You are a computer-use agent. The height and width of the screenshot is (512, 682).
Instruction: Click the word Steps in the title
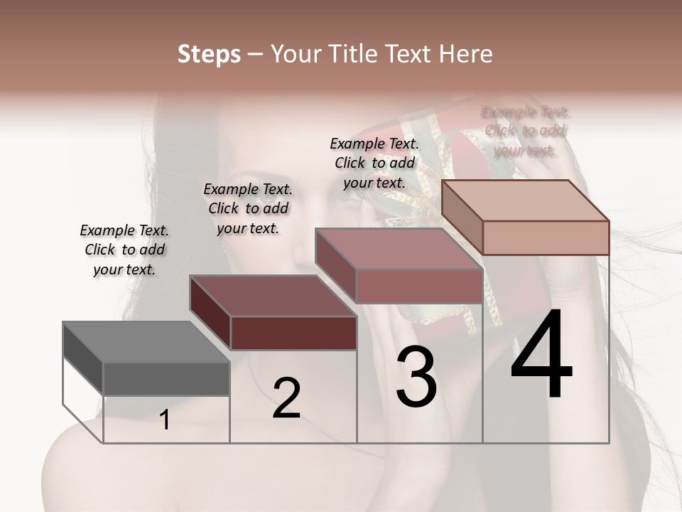(209, 54)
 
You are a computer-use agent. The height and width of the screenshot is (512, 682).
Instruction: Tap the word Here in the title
(465, 54)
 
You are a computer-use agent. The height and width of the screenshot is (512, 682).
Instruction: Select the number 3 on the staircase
(416, 377)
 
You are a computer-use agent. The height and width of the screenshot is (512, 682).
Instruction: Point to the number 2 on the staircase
(286, 398)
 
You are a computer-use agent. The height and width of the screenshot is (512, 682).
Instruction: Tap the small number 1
(165, 420)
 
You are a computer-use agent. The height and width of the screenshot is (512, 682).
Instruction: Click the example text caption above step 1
(124, 250)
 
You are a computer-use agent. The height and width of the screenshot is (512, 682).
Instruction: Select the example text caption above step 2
(248, 208)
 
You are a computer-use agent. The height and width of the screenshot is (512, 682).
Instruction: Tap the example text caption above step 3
(374, 163)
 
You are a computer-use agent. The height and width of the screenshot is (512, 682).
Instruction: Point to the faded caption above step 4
(525, 131)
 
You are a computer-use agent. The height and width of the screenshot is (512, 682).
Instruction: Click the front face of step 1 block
(166, 378)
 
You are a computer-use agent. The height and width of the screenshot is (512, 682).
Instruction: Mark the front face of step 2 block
(293, 333)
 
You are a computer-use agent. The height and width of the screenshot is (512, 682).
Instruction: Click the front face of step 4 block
(546, 238)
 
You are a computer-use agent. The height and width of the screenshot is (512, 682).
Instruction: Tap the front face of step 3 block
(419, 287)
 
